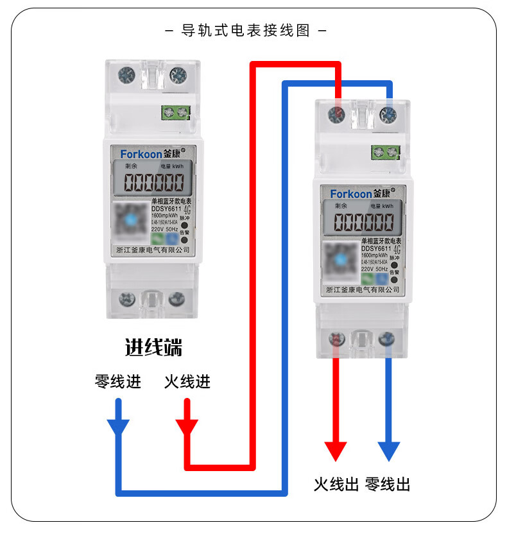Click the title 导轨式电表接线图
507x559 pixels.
tap(246, 31)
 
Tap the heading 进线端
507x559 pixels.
tap(153, 348)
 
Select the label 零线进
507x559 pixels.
tap(118, 382)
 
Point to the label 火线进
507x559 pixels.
tap(187, 382)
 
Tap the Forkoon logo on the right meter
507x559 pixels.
tap(350, 193)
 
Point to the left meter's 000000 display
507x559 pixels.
tap(153, 183)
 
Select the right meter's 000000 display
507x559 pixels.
tap(364, 223)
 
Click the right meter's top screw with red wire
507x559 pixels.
tap(335, 115)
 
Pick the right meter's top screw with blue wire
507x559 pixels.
tap(387, 115)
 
